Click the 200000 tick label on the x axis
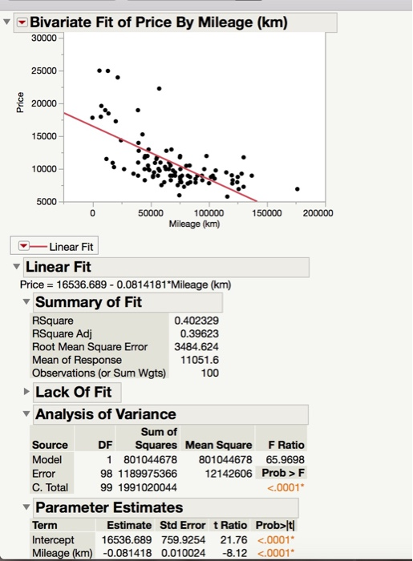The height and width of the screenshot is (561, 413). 323,213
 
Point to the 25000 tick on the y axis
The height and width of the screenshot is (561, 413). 45,71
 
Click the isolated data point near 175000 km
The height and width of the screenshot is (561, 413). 298,189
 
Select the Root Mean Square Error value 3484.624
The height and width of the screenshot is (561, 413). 196,347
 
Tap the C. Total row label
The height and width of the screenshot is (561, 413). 50,486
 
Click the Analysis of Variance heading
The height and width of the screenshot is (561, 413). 106,414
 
